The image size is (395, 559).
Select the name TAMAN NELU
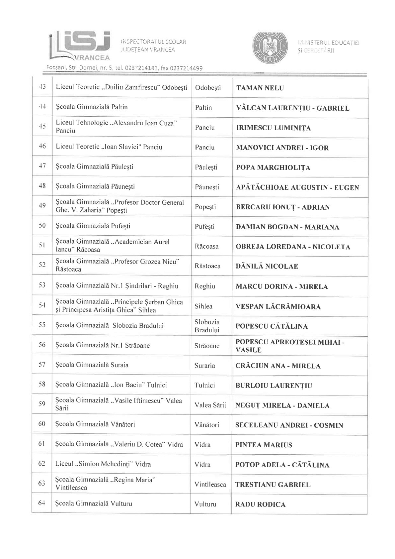tap(260, 88)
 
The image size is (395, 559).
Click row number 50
tap(42, 226)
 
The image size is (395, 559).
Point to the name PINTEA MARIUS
tap(264, 445)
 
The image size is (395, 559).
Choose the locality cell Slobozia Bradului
tap(207, 326)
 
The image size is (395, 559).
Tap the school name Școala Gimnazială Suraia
tap(92, 365)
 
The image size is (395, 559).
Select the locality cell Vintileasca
tap(210, 484)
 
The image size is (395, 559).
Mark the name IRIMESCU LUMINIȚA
tap(273, 128)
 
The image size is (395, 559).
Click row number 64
tap(41, 503)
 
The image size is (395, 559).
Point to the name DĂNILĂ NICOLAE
tap(267, 266)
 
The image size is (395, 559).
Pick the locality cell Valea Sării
tap(210, 405)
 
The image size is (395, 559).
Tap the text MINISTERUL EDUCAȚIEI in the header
tap(329, 43)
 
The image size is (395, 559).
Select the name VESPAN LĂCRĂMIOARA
tap(278, 306)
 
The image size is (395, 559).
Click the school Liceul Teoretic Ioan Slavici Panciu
tap(109, 147)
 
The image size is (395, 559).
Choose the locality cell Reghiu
tap(205, 286)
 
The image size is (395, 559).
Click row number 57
tap(42, 365)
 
